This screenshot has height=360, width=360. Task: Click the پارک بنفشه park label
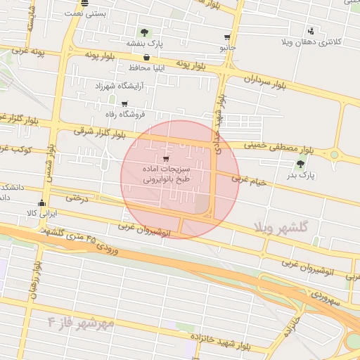pyautogui.click(x=145, y=44)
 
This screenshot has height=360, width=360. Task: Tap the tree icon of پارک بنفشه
pyautogui.click(x=145, y=32)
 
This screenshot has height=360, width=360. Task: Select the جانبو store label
pyautogui.click(x=226, y=48)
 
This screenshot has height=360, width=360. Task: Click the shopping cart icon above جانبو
pyautogui.click(x=227, y=37)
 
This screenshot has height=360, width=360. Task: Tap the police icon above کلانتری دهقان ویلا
pyautogui.click(x=311, y=31)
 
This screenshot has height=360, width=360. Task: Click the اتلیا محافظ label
pyautogui.click(x=146, y=68)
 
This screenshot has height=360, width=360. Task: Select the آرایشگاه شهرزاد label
pyautogui.click(x=123, y=86)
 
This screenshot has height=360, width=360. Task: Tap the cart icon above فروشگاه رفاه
pyautogui.click(x=124, y=104)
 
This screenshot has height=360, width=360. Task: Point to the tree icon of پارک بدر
pyautogui.click(x=301, y=165)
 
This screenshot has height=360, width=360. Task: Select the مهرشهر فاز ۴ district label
pyautogui.click(x=81, y=323)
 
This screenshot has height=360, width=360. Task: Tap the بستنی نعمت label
pyautogui.click(x=85, y=13)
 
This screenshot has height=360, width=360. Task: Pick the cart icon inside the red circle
pyautogui.click(x=165, y=158)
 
